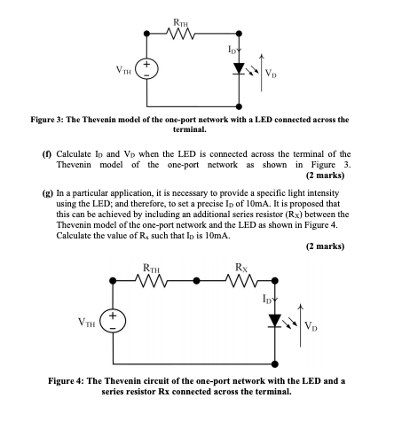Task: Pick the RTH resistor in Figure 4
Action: coord(157,282)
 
